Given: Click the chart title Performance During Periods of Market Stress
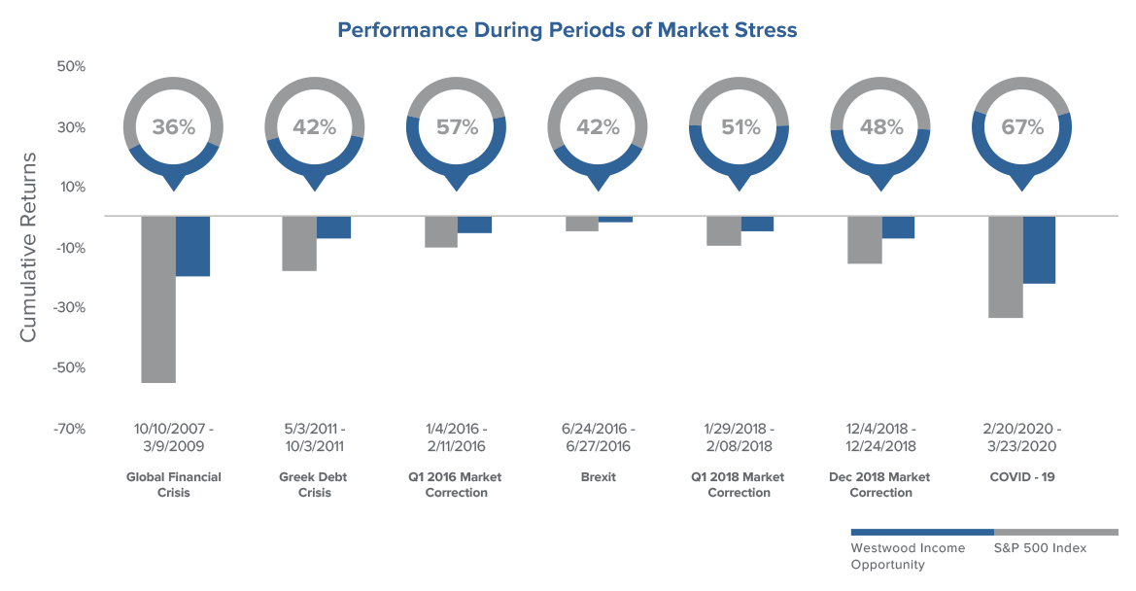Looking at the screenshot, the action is (568, 30).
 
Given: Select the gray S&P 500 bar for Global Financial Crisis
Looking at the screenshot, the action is (158, 299).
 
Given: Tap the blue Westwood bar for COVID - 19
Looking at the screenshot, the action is (1039, 250).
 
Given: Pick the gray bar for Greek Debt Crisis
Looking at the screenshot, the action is (299, 243).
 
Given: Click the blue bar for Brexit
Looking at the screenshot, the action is (615, 219).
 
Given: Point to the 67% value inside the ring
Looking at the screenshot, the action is (1022, 127).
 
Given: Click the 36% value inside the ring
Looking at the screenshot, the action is (174, 127).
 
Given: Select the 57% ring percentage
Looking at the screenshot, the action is (457, 127).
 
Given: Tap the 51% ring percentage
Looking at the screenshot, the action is (740, 127).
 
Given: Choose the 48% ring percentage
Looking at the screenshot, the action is (881, 127).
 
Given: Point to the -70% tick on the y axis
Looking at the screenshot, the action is (69, 429).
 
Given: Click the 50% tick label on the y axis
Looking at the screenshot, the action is (71, 67).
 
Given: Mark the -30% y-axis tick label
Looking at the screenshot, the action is (69, 308).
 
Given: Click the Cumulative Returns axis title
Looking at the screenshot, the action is (28, 247).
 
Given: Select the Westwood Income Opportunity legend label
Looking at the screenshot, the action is (908, 556).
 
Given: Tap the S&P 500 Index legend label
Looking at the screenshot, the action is (1041, 548).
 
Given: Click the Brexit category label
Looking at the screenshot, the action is (599, 477).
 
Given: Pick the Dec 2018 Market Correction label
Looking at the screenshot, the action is (879, 485).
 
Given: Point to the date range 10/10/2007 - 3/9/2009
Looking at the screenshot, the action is (174, 437).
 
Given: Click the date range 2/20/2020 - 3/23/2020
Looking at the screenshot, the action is (1021, 437).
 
